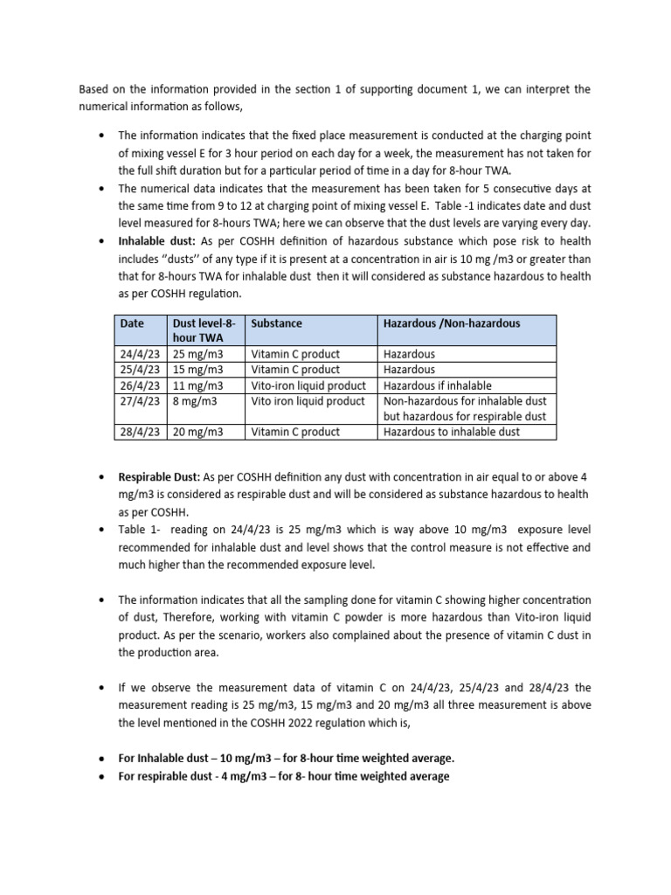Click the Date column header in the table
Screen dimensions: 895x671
132,323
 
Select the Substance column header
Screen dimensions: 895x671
276,323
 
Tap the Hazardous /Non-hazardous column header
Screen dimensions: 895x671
451,323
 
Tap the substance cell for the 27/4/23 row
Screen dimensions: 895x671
308,401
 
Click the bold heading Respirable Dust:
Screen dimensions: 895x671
158,478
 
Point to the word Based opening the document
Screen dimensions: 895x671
95,89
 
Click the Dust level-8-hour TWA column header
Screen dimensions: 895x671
204,330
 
